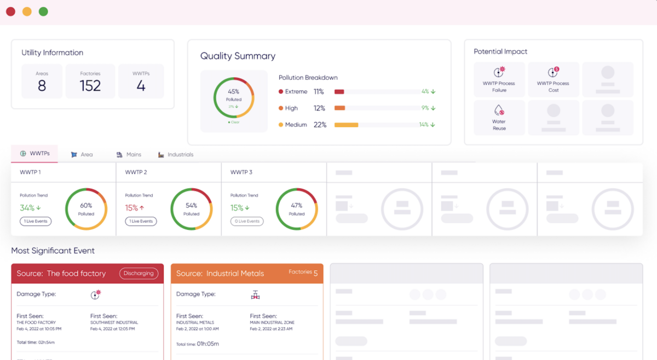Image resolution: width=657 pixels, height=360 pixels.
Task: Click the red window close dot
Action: pyautogui.click(x=10, y=11)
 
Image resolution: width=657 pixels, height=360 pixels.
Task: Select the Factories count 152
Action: pyautogui.click(x=90, y=86)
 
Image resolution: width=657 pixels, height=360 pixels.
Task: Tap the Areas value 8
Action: pyautogui.click(x=42, y=86)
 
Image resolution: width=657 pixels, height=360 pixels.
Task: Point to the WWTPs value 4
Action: pyautogui.click(x=141, y=86)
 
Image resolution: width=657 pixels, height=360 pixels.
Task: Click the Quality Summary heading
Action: pyautogui.click(x=238, y=56)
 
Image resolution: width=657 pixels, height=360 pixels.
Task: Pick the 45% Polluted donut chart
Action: pyautogui.click(x=234, y=98)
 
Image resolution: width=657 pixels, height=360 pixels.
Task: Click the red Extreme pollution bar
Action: pyautogui.click(x=339, y=92)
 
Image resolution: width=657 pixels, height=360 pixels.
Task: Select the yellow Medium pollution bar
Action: pyautogui.click(x=346, y=125)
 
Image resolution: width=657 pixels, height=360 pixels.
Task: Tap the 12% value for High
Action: pyautogui.click(x=319, y=108)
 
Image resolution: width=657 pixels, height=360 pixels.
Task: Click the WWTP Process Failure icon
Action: pyautogui.click(x=499, y=72)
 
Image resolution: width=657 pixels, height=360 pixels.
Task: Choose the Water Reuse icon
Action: pyautogui.click(x=499, y=110)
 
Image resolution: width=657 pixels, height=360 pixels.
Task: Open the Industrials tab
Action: pyautogui.click(x=176, y=155)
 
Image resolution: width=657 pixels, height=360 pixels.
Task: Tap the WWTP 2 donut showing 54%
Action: pyautogui.click(x=191, y=209)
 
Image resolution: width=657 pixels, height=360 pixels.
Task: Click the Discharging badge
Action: pyautogui.click(x=139, y=273)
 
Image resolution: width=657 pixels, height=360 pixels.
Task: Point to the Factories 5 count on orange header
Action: pyautogui.click(x=315, y=273)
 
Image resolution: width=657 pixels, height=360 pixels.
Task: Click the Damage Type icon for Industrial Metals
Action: pyautogui.click(x=255, y=294)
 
